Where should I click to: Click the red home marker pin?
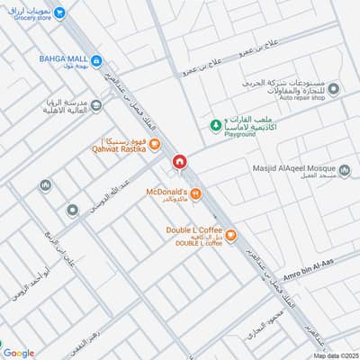(180, 161)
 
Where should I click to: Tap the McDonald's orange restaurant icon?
(195, 193)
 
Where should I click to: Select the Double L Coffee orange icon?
(230, 236)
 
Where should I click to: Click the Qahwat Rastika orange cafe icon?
(154, 143)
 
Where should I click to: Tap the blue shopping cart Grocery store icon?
(59, 13)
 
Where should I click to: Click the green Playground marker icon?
(214, 124)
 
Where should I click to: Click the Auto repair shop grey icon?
(333, 89)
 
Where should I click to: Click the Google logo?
(19, 353)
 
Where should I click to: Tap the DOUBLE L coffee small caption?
(200, 244)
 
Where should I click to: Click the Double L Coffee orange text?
(193, 230)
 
